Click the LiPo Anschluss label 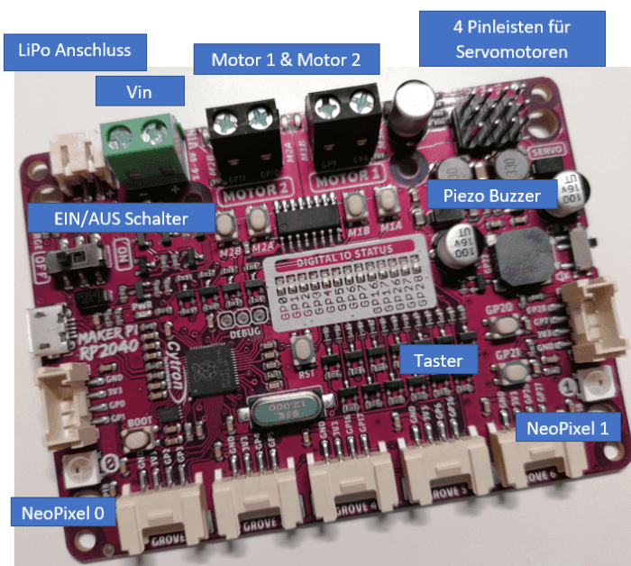pyautogui.click(x=73, y=51)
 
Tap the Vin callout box pyautogui.click(x=141, y=91)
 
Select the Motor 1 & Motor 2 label pyautogui.click(x=286, y=59)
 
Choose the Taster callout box pyautogui.click(x=438, y=361)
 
